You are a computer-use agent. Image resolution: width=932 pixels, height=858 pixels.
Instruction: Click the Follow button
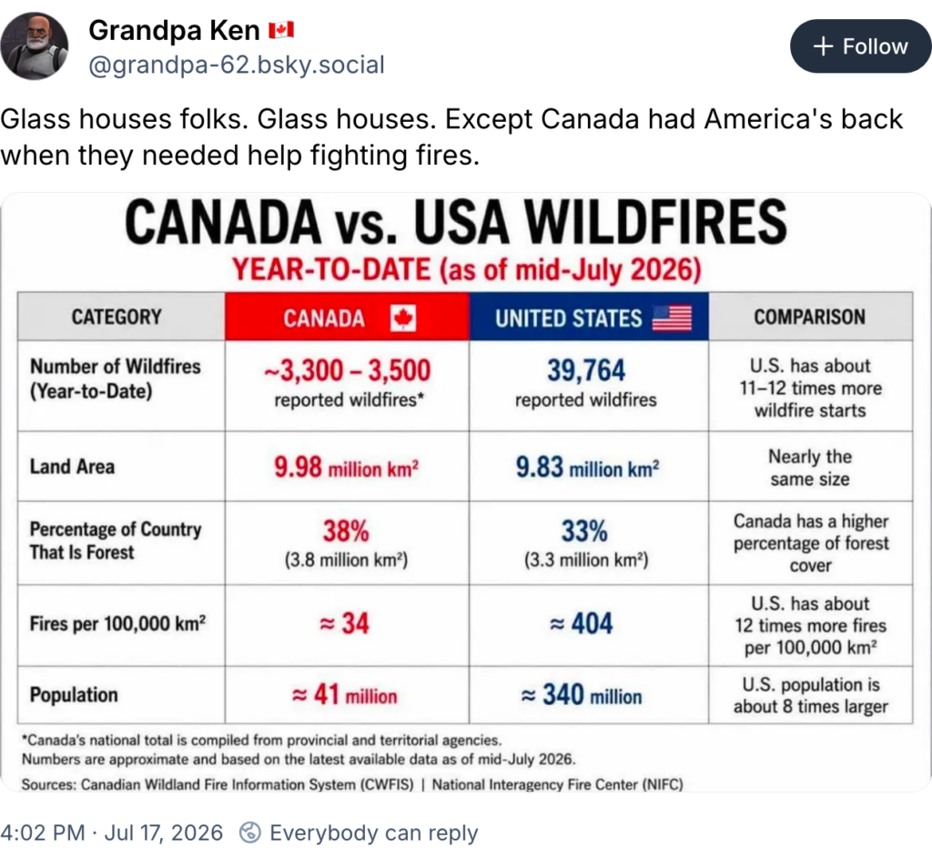[861, 46]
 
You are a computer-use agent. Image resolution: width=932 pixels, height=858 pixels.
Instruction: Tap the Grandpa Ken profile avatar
[35, 46]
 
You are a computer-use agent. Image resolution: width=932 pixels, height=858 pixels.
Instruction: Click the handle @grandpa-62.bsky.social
[237, 65]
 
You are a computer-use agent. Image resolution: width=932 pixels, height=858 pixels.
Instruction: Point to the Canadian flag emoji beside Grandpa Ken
[281, 30]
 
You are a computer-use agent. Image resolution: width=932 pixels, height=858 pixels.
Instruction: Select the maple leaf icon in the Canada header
[403, 318]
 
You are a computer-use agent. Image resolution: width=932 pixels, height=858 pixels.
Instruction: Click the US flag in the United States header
[672, 318]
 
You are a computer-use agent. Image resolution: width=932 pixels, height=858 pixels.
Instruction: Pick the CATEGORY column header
[116, 317]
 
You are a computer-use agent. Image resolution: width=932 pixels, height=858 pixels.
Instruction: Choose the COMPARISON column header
[809, 317]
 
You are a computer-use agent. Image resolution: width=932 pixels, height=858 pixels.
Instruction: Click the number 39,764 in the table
[586, 370]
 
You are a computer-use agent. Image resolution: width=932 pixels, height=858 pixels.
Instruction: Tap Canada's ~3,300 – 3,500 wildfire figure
[347, 370]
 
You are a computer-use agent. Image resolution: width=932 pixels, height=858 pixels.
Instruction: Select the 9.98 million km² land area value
[347, 467]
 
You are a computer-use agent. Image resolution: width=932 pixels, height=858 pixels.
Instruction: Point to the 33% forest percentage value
[585, 530]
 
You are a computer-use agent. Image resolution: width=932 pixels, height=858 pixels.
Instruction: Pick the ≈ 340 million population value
[582, 694]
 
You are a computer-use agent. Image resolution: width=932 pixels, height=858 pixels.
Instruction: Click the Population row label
[74, 694]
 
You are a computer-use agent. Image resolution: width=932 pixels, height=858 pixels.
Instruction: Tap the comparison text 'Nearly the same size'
[810, 468]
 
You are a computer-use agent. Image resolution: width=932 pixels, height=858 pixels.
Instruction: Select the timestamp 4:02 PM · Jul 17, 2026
[112, 833]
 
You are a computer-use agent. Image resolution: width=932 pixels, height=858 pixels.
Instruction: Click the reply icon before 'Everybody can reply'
[250, 833]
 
